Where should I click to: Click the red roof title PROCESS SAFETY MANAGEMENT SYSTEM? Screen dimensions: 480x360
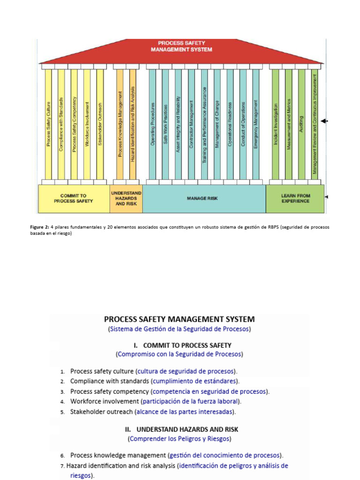pyautogui.click(x=181, y=46)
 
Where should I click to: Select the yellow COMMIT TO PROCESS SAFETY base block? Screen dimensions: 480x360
pyautogui.click(x=73, y=198)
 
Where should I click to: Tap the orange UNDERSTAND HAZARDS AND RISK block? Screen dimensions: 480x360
pyautogui.click(x=126, y=198)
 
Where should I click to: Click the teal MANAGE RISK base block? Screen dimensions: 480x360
pyautogui.click(x=202, y=198)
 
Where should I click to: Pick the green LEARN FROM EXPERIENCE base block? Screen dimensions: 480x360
pyautogui.click(x=295, y=198)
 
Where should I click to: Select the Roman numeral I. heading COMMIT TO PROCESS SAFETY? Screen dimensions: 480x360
pyautogui.click(x=182, y=345)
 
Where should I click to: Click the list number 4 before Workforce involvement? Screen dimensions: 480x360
pyautogui.click(x=62, y=402)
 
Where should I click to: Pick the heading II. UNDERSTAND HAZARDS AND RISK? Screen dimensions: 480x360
pyautogui.click(x=181, y=429)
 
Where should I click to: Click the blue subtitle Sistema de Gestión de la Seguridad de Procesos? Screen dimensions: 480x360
pyautogui.click(x=180, y=329)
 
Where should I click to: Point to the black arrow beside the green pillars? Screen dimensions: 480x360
pyautogui.click(x=324, y=121)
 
